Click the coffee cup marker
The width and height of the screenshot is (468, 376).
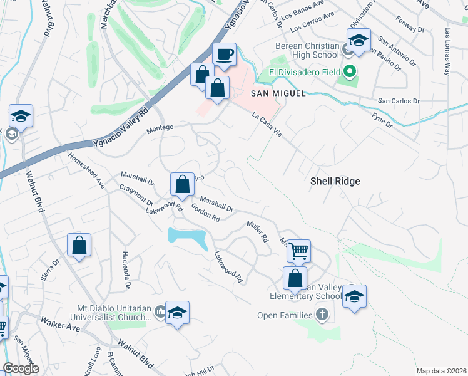[224, 54]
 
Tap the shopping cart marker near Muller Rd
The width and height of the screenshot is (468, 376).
[299, 251]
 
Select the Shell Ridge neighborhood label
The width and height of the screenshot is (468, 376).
[335, 180]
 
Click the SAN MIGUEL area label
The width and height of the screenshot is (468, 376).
[278, 93]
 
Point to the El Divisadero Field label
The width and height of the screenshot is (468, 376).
[305, 72]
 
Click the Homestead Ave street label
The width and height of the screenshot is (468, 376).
[86, 170]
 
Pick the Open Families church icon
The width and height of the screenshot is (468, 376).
[322, 314]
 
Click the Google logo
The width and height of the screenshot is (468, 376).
[21, 368]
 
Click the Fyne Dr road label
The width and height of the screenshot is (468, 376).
[382, 120]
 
